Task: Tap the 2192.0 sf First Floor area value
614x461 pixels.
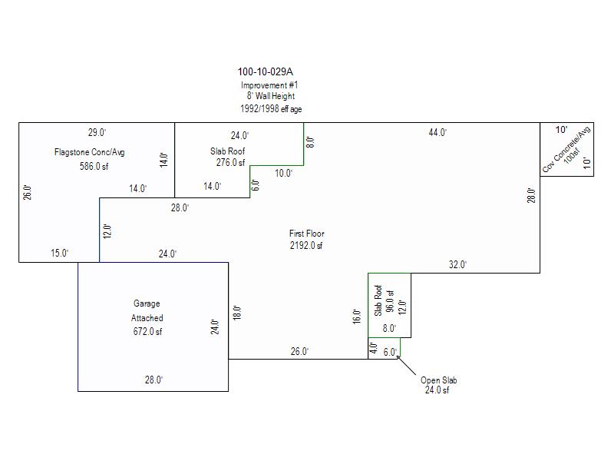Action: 305,246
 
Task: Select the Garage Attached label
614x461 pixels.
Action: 147,310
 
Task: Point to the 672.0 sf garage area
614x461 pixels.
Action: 147,332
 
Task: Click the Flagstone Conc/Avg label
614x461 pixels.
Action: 89,152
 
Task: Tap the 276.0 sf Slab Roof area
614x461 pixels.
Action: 229,163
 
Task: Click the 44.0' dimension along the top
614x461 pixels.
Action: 437,133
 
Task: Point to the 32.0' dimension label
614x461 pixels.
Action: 457,265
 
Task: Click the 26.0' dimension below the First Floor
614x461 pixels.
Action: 299,352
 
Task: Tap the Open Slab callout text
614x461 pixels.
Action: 438,380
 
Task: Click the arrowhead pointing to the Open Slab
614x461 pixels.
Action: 398,358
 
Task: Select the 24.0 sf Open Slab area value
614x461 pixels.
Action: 437,390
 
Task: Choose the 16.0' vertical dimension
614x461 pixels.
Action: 356,316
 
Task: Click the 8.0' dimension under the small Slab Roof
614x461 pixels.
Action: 389,328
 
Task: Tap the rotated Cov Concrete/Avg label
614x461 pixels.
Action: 567,149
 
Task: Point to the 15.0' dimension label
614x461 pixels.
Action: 60,254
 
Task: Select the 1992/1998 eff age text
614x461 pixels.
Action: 271,109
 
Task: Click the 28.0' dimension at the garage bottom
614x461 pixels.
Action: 153,380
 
